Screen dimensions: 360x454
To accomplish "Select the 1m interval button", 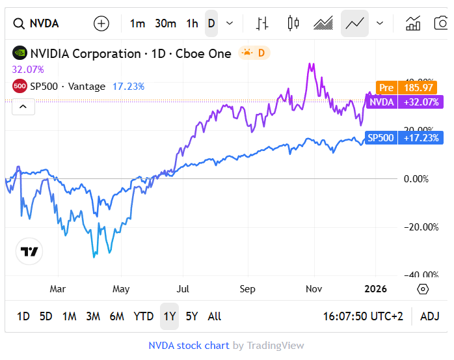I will tap(137, 24).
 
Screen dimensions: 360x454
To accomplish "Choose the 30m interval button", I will tap(165, 24).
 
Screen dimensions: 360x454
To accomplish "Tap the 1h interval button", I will tap(192, 24).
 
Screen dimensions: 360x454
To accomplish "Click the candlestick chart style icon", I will tap(293, 24).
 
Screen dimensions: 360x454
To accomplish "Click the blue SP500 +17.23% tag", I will tap(403, 138).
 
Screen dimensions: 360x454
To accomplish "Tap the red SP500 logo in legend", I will tap(20, 86).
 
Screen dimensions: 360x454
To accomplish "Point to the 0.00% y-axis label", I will tap(416, 179).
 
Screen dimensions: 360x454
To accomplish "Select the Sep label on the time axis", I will tap(247, 289).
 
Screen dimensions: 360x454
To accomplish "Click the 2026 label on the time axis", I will tap(375, 289).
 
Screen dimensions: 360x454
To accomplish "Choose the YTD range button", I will tap(143, 316).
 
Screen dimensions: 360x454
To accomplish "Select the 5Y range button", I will tap(191, 316).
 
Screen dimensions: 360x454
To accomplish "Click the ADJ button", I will tap(429, 316).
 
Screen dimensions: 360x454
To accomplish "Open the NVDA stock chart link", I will tap(189, 346).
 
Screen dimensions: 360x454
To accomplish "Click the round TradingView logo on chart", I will tap(29, 252).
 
